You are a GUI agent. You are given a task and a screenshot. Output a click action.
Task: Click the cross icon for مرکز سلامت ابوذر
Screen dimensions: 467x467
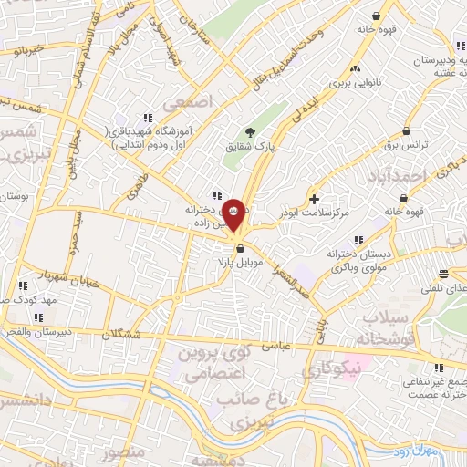click(x=314, y=199)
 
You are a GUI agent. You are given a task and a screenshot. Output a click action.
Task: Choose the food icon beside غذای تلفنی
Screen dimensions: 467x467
click(x=443, y=274)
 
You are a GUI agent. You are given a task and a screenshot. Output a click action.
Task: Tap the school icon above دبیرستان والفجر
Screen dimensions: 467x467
click(x=37, y=317)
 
